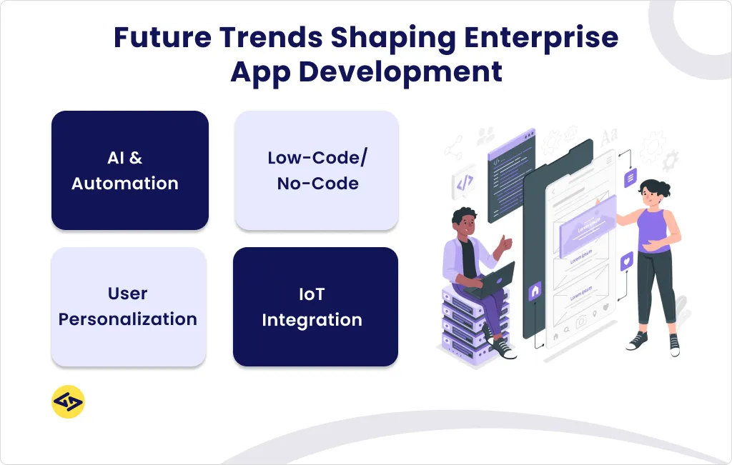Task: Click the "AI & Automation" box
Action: [x=129, y=170]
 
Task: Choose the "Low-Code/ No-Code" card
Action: [x=317, y=170]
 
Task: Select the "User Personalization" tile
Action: [x=129, y=306]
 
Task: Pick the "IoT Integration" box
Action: [x=315, y=306]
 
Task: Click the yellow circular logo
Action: [x=68, y=402]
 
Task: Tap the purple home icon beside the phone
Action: [x=535, y=290]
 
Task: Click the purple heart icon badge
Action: [x=627, y=261]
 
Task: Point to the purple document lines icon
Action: [x=630, y=178]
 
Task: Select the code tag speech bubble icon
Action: [x=464, y=184]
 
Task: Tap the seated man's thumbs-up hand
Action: [x=505, y=244]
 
